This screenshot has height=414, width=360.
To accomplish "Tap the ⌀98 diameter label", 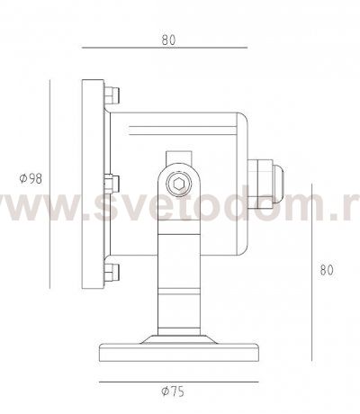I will [x=30, y=178].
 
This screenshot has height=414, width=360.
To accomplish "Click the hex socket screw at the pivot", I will [x=180, y=184].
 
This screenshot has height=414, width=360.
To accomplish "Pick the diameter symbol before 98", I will [x=21, y=178].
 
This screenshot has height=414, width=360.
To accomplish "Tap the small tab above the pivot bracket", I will [x=180, y=148].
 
